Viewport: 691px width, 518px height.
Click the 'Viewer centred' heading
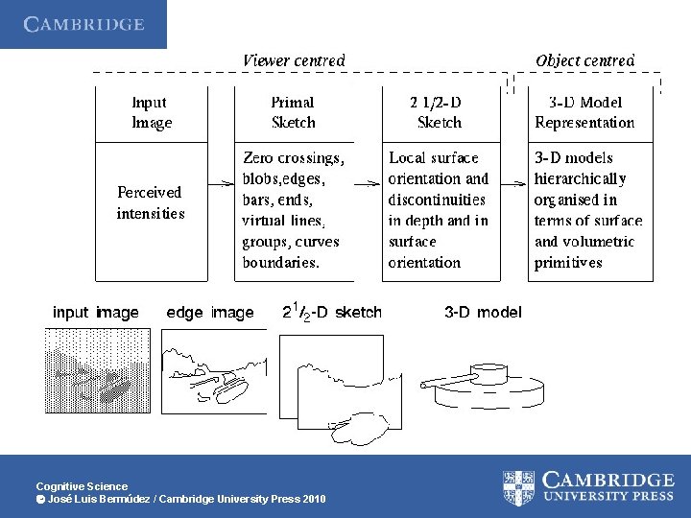(x=293, y=60)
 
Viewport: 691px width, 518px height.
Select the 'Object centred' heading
(x=584, y=60)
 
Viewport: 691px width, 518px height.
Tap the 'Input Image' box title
(x=152, y=112)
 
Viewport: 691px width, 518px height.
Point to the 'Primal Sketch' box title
(x=293, y=112)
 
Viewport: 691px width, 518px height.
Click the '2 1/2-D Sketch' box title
(x=439, y=112)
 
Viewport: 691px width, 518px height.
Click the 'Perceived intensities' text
(x=150, y=202)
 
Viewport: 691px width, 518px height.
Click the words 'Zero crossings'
(x=293, y=157)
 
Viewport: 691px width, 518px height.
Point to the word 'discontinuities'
(x=437, y=200)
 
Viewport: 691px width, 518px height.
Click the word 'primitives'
(x=568, y=263)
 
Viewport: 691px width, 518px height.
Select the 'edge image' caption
(x=210, y=313)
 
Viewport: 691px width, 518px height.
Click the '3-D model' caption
(x=483, y=313)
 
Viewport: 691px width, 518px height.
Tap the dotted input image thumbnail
(x=97, y=370)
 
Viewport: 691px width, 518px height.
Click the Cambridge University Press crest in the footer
(x=518, y=486)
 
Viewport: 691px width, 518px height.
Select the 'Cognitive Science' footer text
(x=82, y=486)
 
